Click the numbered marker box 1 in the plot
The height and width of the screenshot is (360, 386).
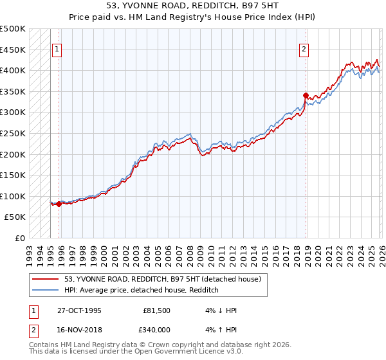coord(57,48)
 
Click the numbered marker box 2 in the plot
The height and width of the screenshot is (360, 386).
coord(303,48)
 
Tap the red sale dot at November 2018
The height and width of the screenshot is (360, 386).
coord(306,95)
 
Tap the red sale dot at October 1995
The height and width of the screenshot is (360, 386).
coord(59,204)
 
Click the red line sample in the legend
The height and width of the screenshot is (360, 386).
coord(46,279)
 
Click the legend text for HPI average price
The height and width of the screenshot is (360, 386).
coord(142,290)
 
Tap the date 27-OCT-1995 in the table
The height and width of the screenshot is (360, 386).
coord(78,310)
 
